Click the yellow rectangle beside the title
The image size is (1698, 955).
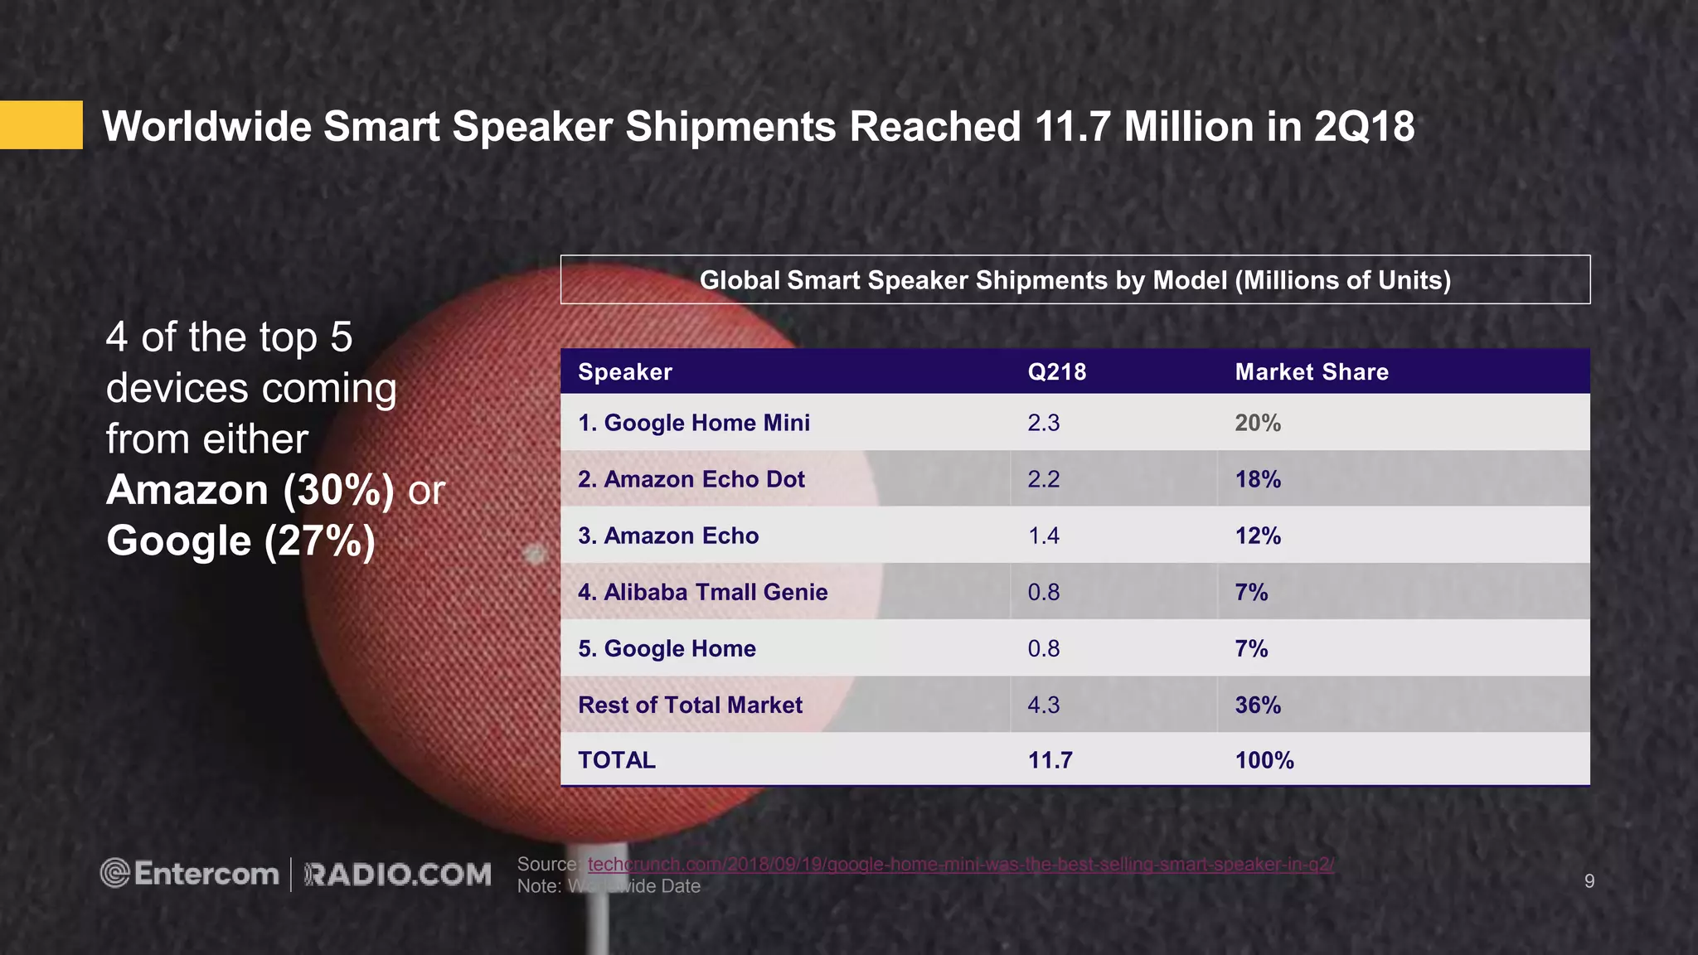click(x=41, y=125)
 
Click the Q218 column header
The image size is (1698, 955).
click(x=1056, y=372)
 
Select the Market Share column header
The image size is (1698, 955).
click(x=1312, y=372)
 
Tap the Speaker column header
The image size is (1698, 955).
click(x=625, y=372)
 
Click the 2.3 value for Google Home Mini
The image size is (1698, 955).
click(x=1044, y=423)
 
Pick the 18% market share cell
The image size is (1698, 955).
click(x=1258, y=479)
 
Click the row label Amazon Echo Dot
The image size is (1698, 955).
click(x=691, y=479)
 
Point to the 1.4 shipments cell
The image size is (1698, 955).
click(x=1044, y=536)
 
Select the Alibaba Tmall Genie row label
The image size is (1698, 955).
click(x=703, y=592)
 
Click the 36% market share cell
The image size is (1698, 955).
click(x=1258, y=705)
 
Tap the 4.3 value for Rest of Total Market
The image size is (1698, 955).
click(x=1044, y=705)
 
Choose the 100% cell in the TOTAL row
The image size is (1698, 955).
click(x=1264, y=760)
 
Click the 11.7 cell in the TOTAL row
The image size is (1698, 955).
click(x=1050, y=760)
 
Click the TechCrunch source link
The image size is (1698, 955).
click(x=960, y=864)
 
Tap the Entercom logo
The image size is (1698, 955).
click(x=190, y=874)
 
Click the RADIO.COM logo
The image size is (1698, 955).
click(x=398, y=875)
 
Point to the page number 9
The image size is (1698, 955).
click(x=1589, y=881)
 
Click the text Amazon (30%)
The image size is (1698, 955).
click(x=250, y=490)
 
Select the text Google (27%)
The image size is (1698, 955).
click(x=241, y=541)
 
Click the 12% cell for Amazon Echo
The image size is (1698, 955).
click(x=1258, y=536)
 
